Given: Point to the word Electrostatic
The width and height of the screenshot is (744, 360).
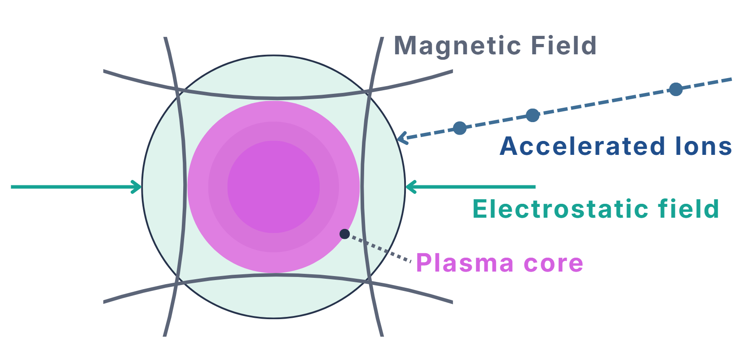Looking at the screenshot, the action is [560, 209].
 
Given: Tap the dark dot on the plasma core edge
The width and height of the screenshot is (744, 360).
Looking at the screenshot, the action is [345, 234].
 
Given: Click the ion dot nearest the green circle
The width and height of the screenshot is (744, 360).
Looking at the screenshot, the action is [460, 128].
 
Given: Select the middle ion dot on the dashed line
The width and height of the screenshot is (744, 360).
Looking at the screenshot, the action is [533, 115].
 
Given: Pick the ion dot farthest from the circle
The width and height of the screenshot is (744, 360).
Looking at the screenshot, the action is [676, 89].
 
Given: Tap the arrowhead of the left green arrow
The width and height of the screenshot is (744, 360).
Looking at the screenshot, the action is [137, 187].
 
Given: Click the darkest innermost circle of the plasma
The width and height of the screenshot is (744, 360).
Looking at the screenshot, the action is [274, 187].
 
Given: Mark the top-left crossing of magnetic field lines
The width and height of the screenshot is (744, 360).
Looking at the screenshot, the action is [178, 90].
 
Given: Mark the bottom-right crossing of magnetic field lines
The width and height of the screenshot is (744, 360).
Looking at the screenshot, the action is [369, 281].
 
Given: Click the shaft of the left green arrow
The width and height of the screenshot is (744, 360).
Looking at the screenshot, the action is [74, 187].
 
